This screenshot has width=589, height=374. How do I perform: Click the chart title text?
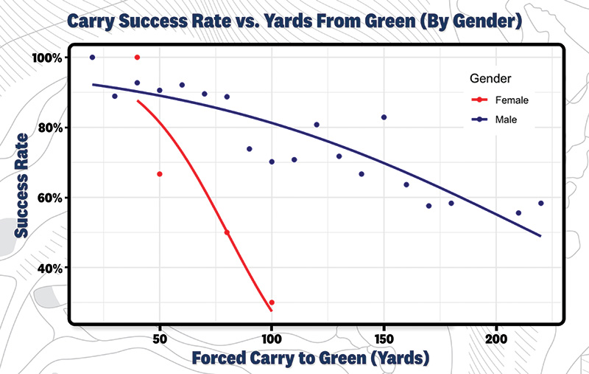click(294, 21)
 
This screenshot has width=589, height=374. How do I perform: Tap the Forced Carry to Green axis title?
click(310, 359)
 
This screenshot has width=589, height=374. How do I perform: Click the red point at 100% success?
click(137, 58)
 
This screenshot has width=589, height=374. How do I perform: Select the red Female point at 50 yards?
click(160, 174)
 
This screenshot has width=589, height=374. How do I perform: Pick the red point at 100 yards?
click(272, 302)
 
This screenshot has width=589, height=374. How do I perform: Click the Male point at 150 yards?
click(384, 117)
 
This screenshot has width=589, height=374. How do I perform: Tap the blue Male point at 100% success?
click(92, 58)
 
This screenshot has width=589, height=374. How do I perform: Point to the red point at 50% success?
click(227, 232)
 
